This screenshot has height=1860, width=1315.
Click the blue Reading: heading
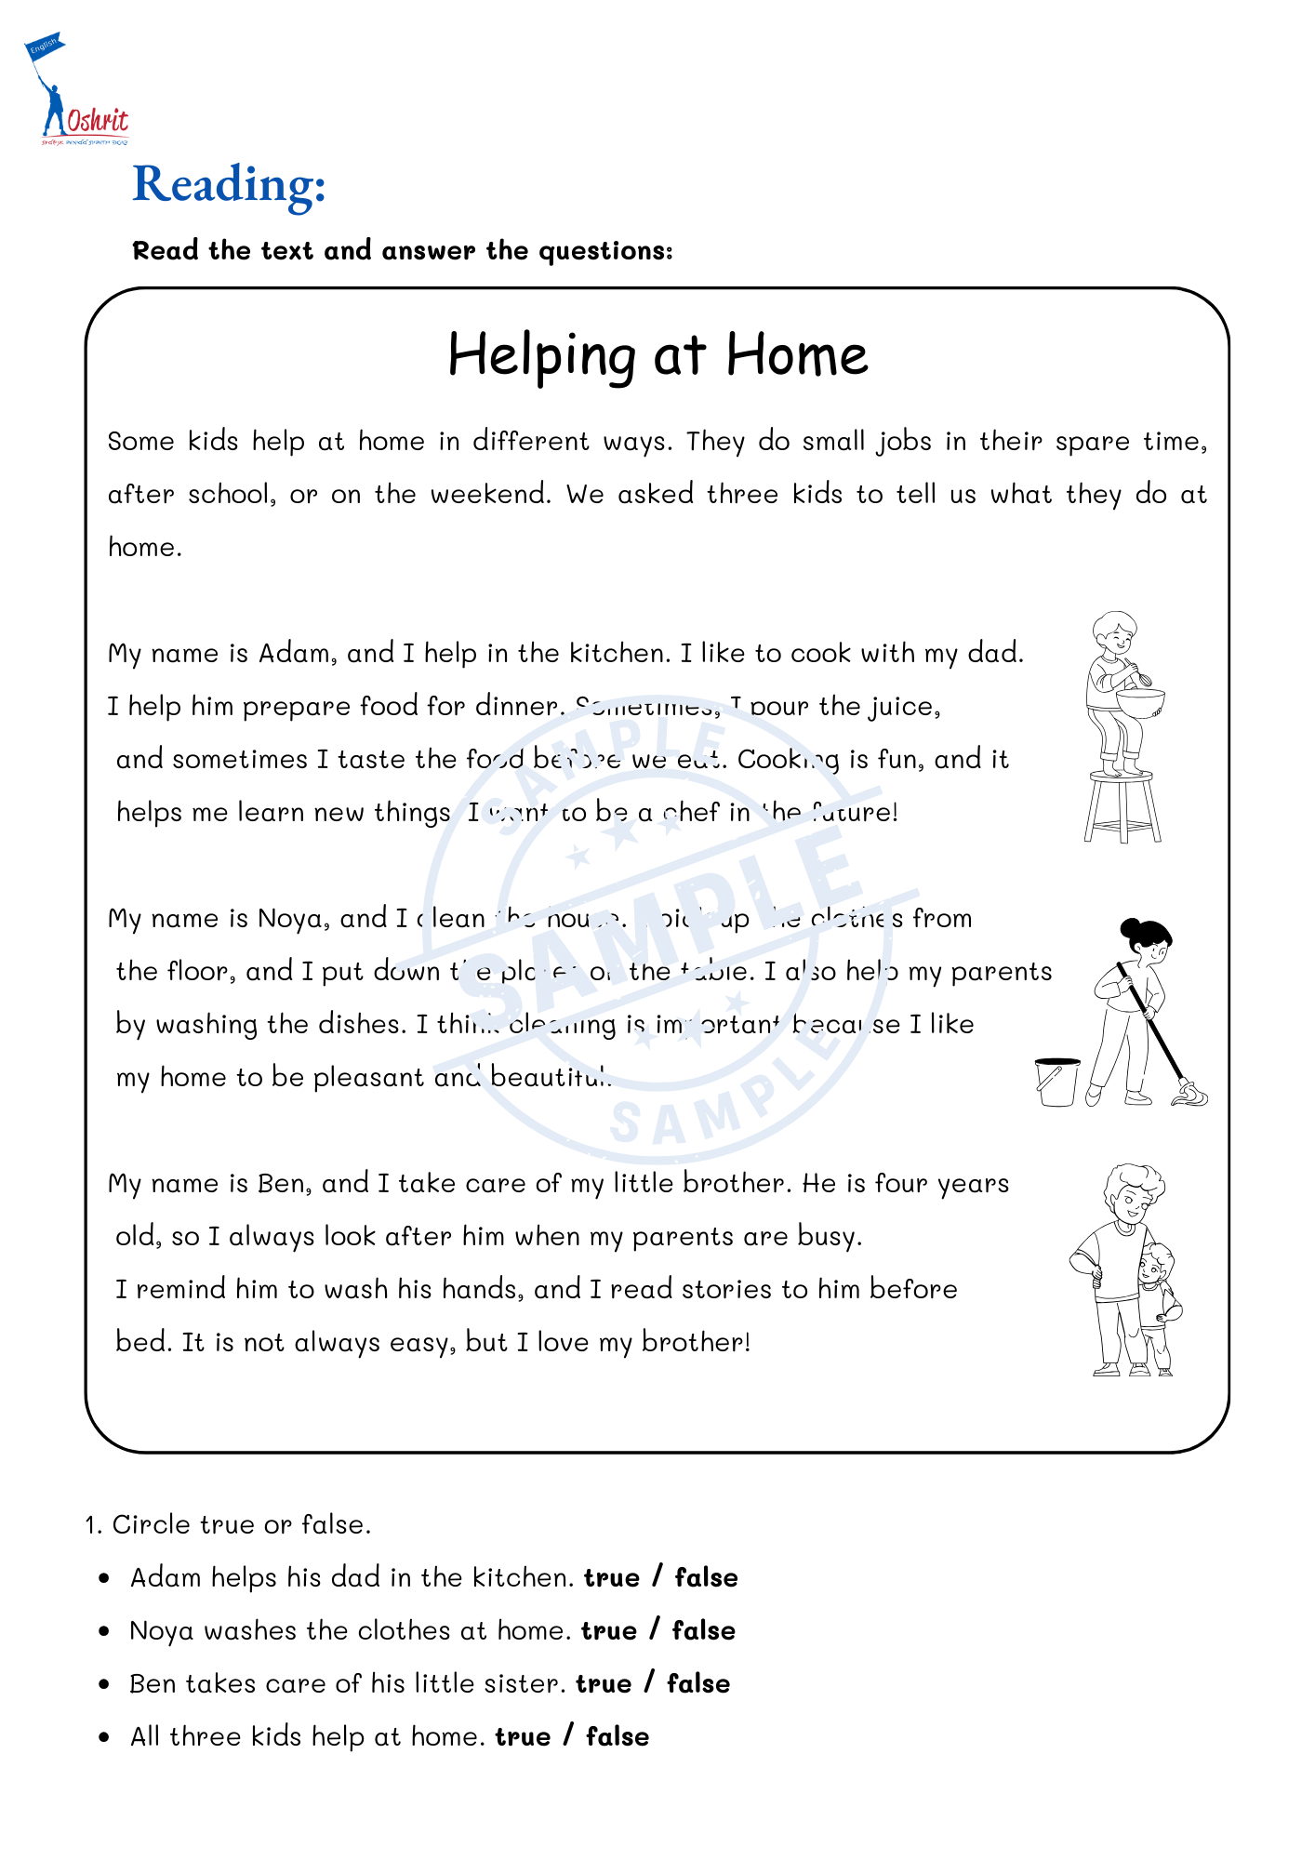coord(229,184)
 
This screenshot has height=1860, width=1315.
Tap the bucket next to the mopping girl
coord(1057,1082)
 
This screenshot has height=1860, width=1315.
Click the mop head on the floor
coord(1189,1096)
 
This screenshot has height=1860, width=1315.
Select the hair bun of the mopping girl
coord(1131,928)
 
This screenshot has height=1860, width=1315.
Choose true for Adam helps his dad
coord(612,1577)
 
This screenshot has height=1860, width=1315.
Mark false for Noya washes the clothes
coord(704,1630)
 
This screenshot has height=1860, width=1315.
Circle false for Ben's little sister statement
coord(698,1683)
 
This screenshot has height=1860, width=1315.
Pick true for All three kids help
coord(523,1736)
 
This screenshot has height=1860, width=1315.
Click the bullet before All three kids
coord(104,1736)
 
